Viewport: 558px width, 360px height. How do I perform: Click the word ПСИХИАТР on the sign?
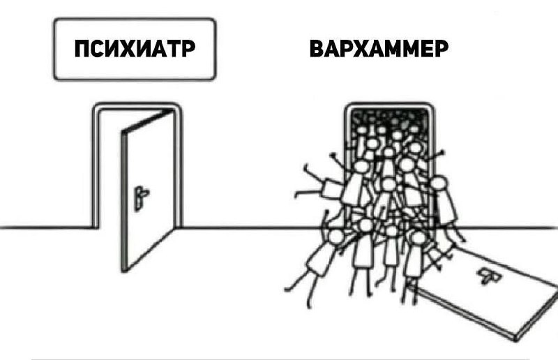[133, 51]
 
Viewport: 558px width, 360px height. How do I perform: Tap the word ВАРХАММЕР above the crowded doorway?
[378, 51]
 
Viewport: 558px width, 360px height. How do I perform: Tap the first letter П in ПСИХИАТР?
[83, 51]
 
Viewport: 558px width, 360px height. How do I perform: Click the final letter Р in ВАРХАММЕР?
[439, 51]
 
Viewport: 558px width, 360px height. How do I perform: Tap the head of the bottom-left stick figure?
[336, 237]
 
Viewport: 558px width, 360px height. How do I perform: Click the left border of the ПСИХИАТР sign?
[54, 49]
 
